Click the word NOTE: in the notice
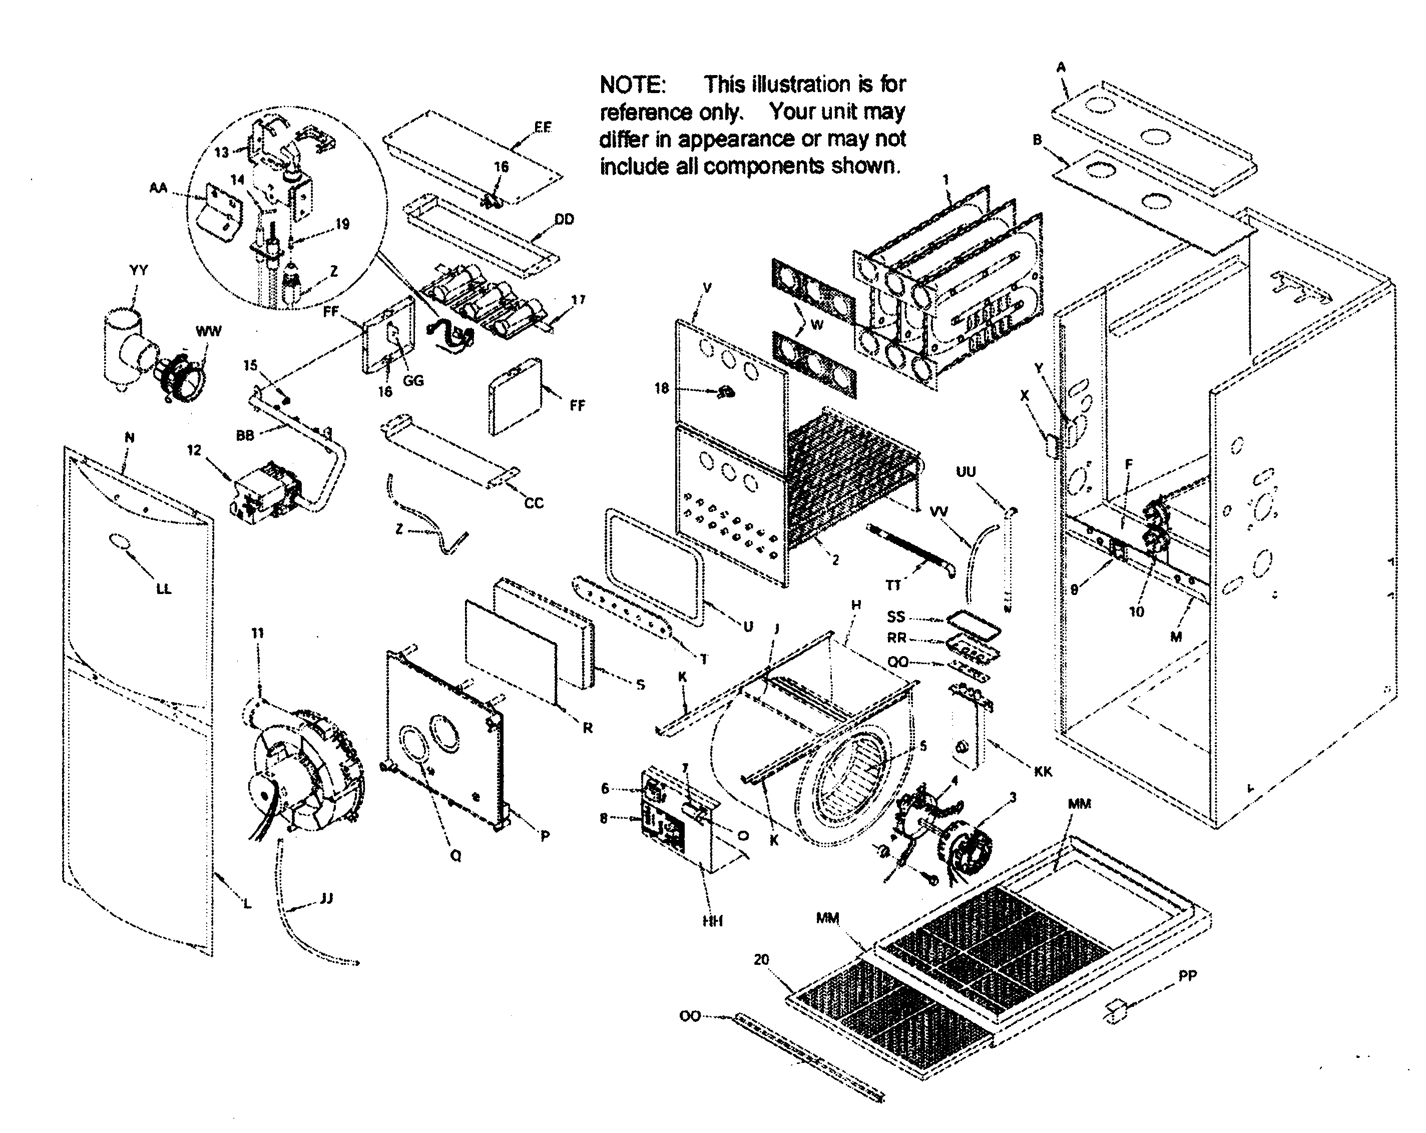pyautogui.click(x=632, y=85)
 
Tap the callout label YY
pyautogui.click(x=139, y=270)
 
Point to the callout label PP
pyautogui.click(x=1187, y=975)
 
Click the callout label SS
pyautogui.click(x=895, y=617)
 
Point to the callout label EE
pyautogui.click(x=543, y=127)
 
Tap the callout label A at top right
pyautogui.click(x=1061, y=67)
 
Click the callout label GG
pyautogui.click(x=413, y=380)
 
